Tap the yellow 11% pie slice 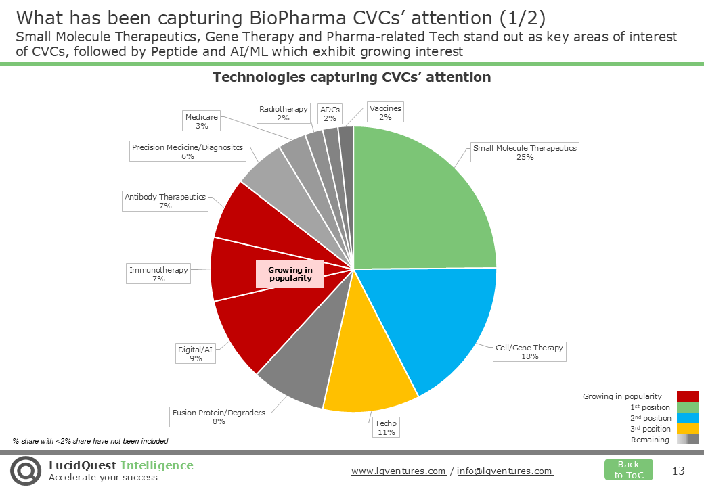366,379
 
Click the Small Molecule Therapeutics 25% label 525,152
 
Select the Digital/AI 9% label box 196,354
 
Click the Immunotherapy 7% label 159,274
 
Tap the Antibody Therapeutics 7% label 165,201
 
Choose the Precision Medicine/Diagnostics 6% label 188,152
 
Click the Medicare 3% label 202,121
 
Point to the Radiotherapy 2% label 284,113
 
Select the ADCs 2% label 330,114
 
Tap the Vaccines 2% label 385,112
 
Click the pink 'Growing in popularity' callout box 290,274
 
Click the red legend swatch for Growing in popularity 687,396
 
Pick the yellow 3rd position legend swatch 687,429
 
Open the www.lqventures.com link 399,471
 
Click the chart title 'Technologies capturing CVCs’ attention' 351,77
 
